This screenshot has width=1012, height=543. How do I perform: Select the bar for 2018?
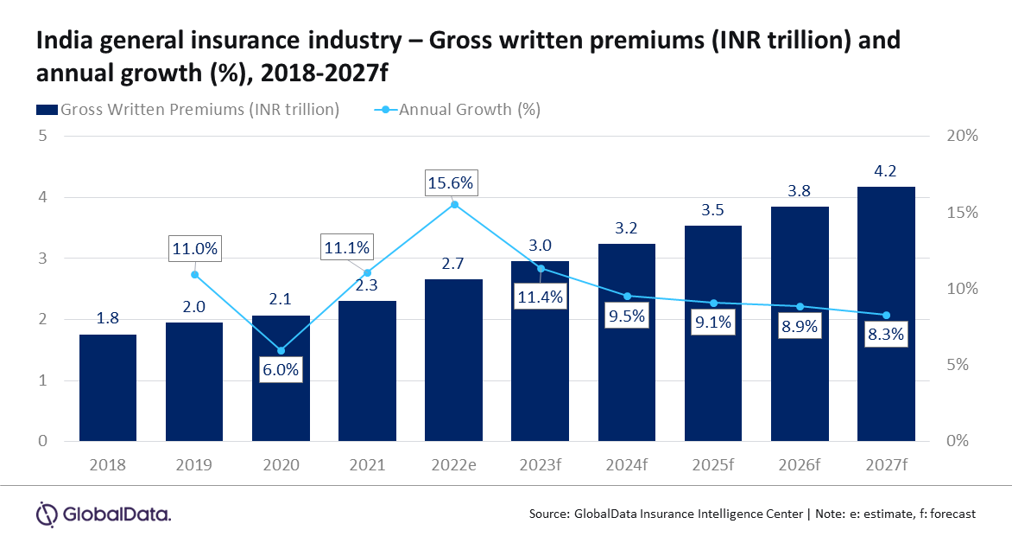pos(108,388)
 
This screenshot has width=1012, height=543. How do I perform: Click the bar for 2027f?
pos(886,314)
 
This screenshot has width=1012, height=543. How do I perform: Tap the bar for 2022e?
pos(453,360)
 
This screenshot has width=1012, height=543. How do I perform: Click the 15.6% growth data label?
pos(451,183)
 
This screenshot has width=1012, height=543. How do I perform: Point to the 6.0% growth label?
pos(281,370)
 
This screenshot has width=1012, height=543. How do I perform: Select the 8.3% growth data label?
pos(886,335)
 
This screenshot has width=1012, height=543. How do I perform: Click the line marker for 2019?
pos(194,275)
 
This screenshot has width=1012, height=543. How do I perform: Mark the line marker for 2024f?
pos(627,296)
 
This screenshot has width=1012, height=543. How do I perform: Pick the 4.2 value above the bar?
pos(885,171)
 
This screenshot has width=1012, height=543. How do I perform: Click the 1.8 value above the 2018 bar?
pos(108,318)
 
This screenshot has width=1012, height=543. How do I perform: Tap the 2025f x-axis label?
pos(713,465)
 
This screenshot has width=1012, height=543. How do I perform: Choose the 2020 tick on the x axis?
pos(281,465)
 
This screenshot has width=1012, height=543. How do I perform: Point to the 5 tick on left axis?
pos(42,136)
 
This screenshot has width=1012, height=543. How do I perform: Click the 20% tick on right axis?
pos(962,136)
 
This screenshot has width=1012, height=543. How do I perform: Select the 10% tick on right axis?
pos(962,288)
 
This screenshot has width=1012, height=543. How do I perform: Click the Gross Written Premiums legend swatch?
pos(47,110)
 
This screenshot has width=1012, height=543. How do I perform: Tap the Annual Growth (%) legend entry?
pos(458,110)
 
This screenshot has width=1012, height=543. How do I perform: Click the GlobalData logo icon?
pos(47,514)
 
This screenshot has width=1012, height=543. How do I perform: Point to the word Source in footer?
pos(548,514)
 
